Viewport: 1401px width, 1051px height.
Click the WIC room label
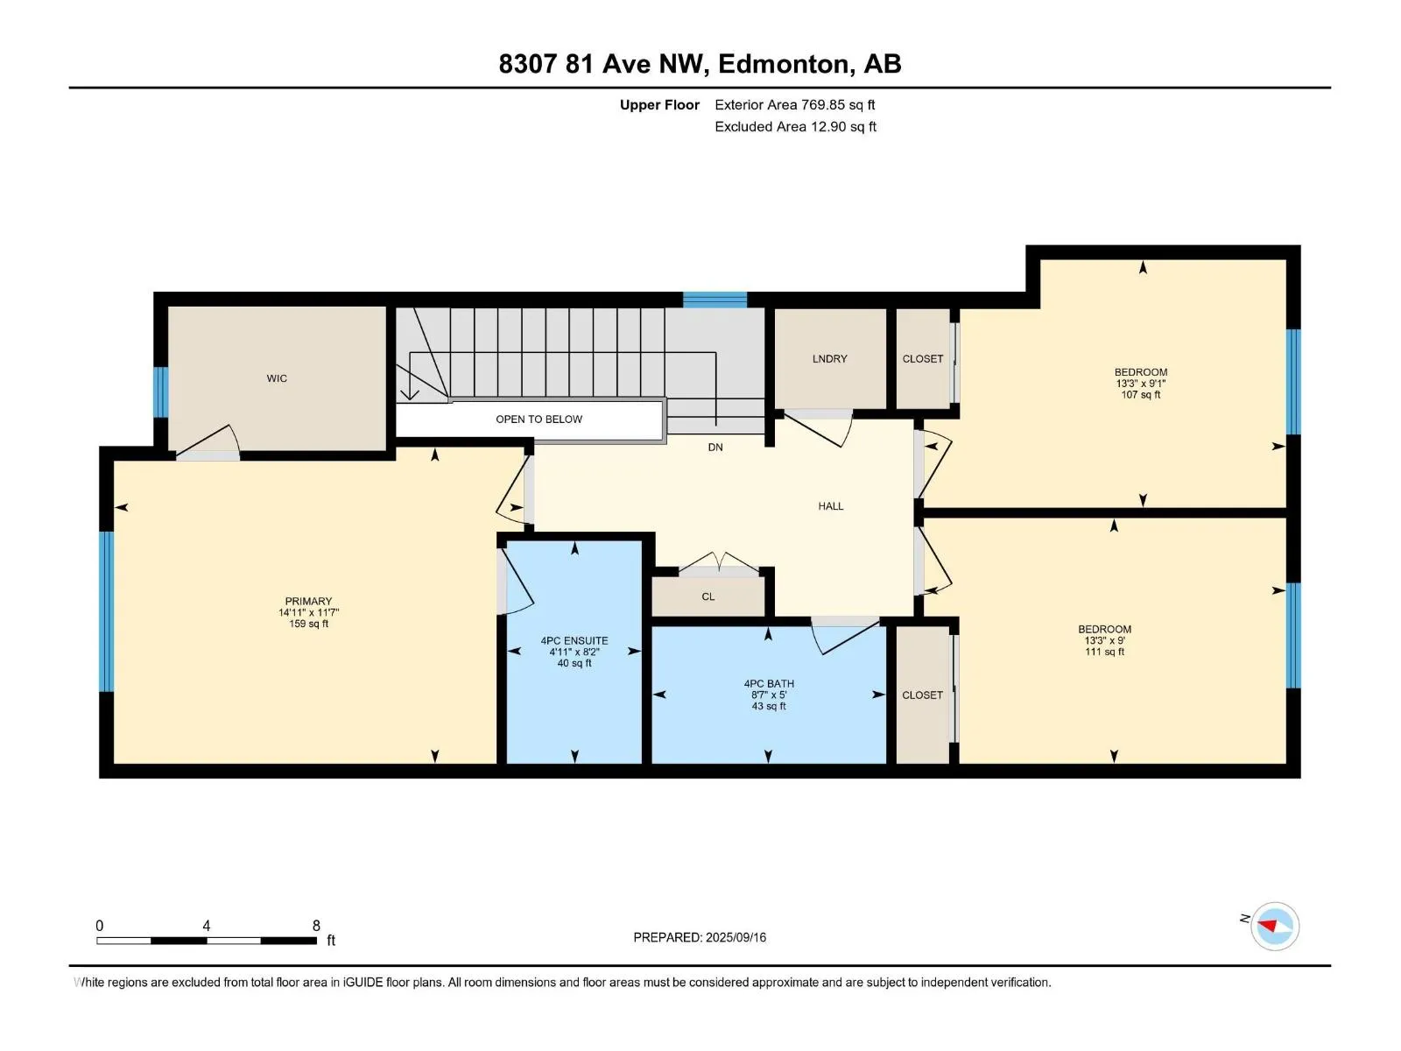coord(277,378)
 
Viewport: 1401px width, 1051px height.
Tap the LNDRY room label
coord(829,359)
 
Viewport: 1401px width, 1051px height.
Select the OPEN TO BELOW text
coord(539,420)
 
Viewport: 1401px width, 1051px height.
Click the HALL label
coord(830,506)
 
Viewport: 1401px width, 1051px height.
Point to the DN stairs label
coord(715,448)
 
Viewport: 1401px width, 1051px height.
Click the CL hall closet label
coord(708,596)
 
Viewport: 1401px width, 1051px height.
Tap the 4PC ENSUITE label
coord(574,641)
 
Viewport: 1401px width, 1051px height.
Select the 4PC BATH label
coord(769,683)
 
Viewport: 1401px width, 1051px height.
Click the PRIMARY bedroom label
coord(308,601)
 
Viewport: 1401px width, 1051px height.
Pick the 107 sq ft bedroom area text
coord(1141,395)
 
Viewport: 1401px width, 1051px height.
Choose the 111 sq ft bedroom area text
coord(1104,652)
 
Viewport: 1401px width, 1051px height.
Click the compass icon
coord(1275,927)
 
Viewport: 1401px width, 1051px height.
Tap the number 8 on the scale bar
coord(316,925)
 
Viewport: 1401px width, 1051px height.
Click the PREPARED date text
coord(700,937)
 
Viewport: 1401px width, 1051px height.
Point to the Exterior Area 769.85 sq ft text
coord(795,104)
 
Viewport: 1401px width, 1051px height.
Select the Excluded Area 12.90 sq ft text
coord(795,126)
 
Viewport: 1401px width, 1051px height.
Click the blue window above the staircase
coord(715,300)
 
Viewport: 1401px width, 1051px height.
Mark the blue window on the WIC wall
coord(161,392)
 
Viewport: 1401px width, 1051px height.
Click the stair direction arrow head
coord(409,395)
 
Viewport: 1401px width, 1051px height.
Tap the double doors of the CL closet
coord(719,561)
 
